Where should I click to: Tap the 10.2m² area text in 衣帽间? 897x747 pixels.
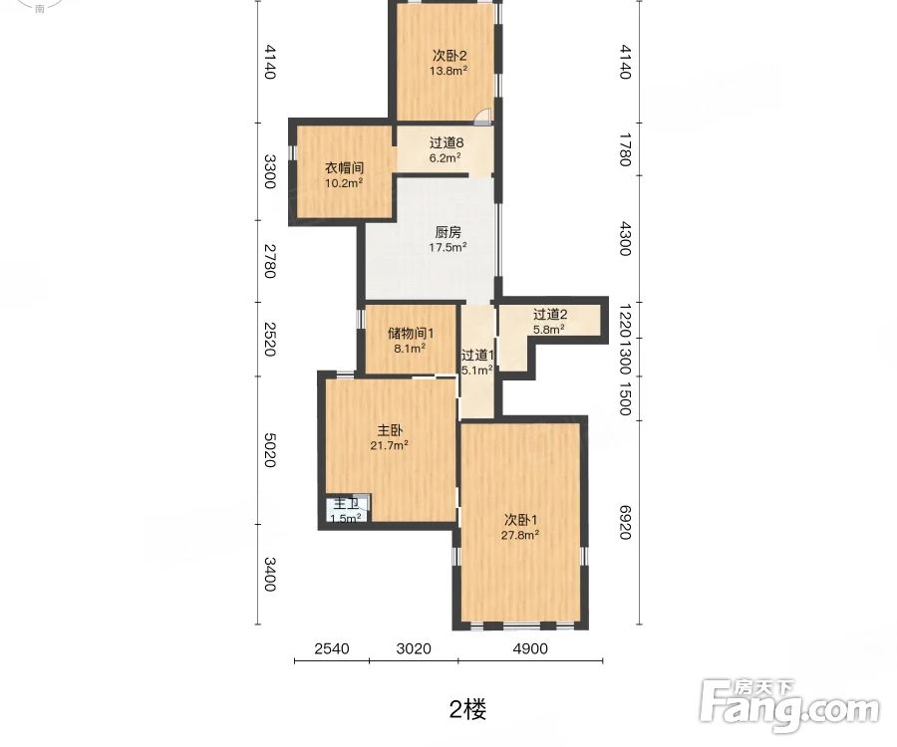pyautogui.click(x=343, y=183)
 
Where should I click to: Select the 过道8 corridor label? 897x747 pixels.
pyautogui.click(x=447, y=142)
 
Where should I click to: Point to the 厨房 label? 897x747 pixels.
pyautogui.click(x=448, y=232)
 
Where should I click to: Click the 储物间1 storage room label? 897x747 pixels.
pyautogui.click(x=410, y=333)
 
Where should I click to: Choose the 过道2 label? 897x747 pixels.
pyautogui.click(x=549, y=314)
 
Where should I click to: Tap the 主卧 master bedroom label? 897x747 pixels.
pyautogui.click(x=390, y=430)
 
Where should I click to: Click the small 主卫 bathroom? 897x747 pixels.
pyautogui.click(x=346, y=510)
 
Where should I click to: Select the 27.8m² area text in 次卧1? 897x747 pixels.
pyautogui.click(x=520, y=535)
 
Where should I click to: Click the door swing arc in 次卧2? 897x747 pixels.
pyautogui.click(x=481, y=118)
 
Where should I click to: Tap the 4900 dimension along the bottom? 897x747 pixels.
pyautogui.click(x=530, y=648)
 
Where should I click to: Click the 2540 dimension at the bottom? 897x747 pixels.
pyautogui.click(x=332, y=648)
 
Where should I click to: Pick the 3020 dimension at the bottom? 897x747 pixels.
pyautogui.click(x=413, y=648)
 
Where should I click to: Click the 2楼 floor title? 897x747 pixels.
pyautogui.click(x=467, y=709)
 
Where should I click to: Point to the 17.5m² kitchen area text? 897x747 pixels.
pyautogui.click(x=448, y=248)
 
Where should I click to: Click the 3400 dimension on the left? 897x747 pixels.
pyautogui.click(x=268, y=575)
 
